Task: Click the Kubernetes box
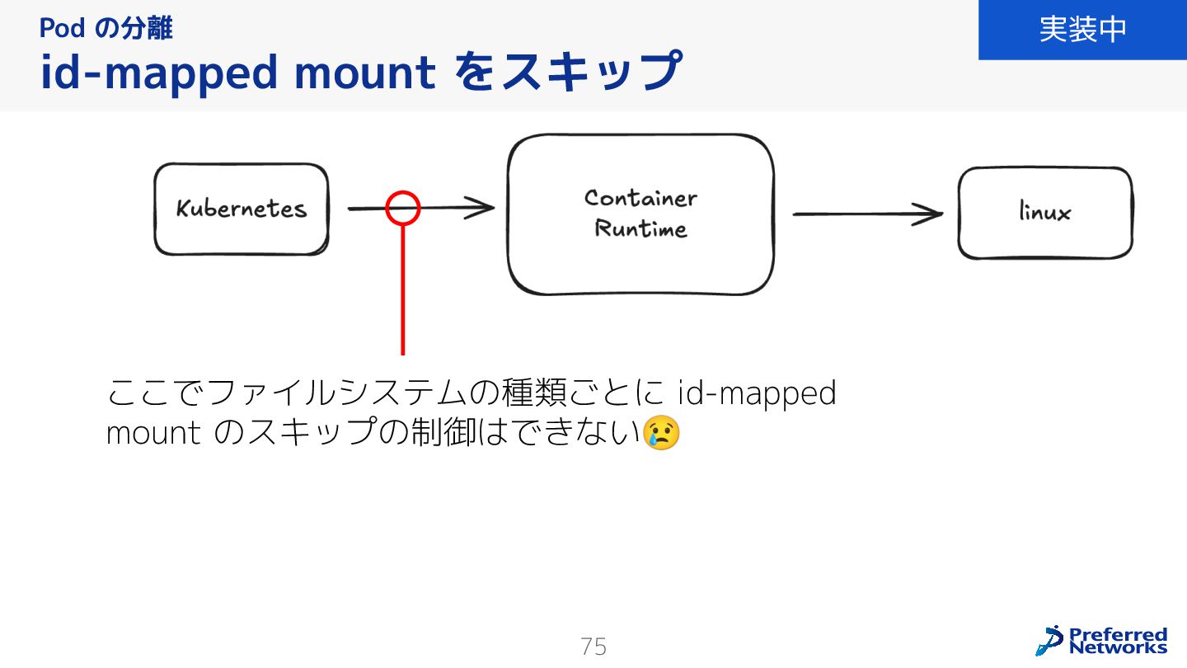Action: point(241,209)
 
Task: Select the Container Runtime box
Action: point(640,214)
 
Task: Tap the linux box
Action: point(1044,213)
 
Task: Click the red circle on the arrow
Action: point(403,208)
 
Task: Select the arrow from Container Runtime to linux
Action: point(866,214)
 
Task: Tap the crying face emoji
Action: point(661,433)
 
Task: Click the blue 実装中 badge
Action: point(1082,30)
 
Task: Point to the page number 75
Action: point(593,647)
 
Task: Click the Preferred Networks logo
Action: point(1102,640)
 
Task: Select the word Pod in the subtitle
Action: point(62,29)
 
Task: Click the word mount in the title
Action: point(364,73)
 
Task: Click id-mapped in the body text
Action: point(757,393)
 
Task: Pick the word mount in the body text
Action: point(153,433)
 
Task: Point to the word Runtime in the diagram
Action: point(640,228)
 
